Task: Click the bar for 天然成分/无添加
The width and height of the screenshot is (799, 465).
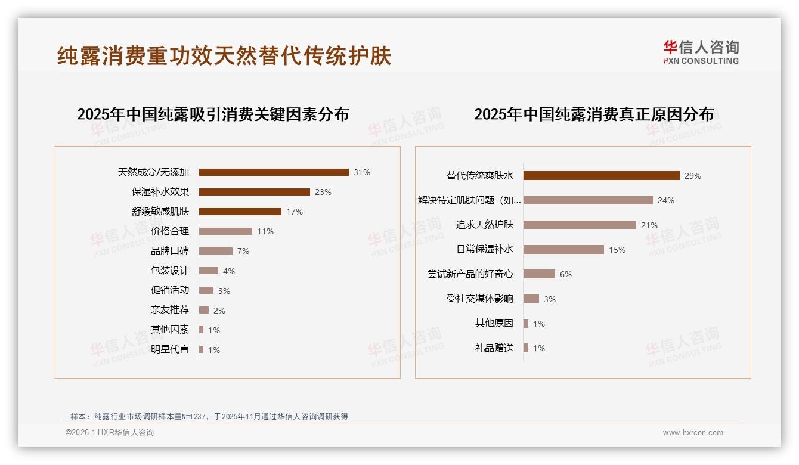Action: click(x=274, y=172)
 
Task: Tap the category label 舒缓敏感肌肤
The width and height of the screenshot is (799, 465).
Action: click(x=160, y=212)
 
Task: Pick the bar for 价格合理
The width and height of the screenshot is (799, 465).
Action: click(x=225, y=231)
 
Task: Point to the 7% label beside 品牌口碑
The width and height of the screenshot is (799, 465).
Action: click(x=243, y=251)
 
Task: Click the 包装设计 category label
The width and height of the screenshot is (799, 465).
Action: click(x=170, y=271)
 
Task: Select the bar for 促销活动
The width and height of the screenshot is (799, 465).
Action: click(x=206, y=290)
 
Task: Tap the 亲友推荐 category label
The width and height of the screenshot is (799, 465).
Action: click(x=170, y=310)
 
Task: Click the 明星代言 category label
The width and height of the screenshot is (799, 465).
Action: click(x=170, y=349)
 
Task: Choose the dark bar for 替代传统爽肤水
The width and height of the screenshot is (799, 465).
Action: click(x=601, y=176)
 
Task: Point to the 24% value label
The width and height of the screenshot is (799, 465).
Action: click(x=666, y=200)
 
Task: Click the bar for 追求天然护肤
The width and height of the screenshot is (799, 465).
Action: click(x=580, y=225)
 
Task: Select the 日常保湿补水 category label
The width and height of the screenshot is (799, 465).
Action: click(x=485, y=250)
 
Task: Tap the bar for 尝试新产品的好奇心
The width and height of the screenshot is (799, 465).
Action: click(x=539, y=274)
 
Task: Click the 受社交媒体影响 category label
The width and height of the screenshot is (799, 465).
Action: click(x=480, y=299)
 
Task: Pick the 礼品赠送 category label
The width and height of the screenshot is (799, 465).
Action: click(x=494, y=348)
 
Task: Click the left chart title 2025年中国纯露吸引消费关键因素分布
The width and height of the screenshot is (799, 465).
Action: click(x=213, y=114)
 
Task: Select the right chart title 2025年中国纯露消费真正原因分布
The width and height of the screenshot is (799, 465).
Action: click(x=594, y=114)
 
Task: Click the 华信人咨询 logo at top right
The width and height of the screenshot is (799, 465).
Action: click(x=701, y=52)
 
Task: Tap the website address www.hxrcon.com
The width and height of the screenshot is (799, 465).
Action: click(x=693, y=433)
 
